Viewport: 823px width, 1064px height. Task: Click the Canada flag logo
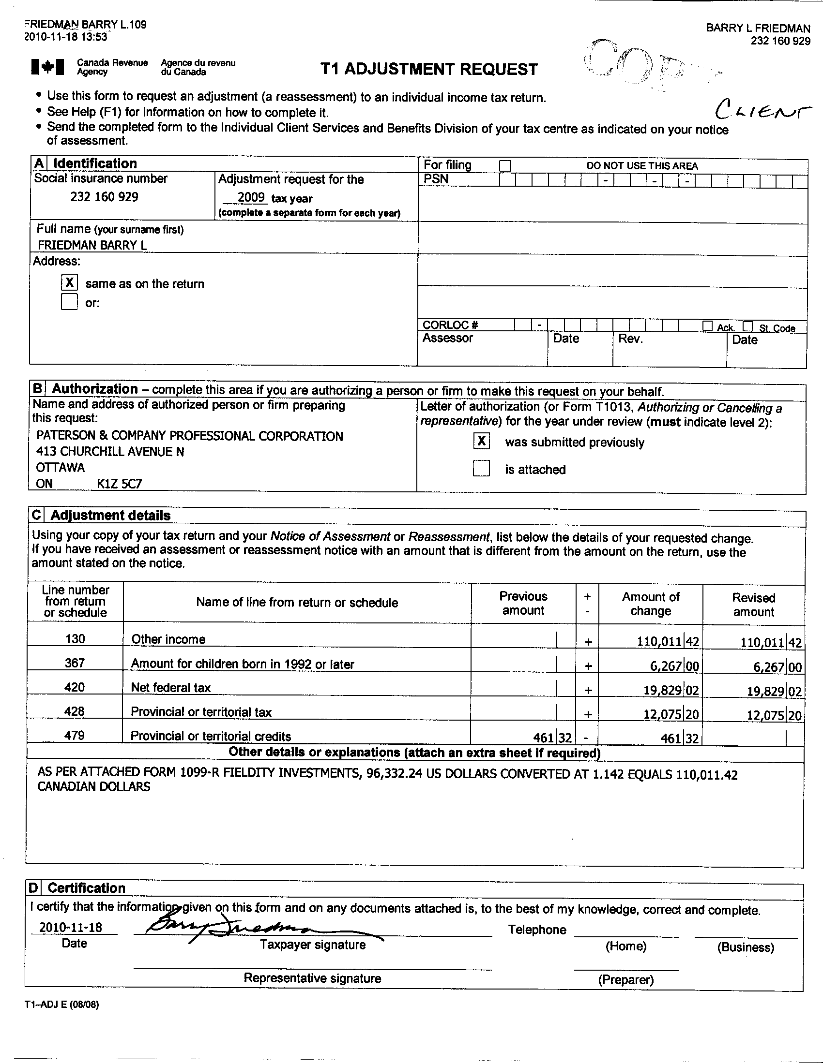coord(47,67)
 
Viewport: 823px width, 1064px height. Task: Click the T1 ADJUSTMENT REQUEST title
coord(429,69)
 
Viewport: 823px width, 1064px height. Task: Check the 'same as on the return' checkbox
coord(70,282)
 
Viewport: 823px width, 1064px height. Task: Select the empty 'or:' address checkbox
coord(69,302)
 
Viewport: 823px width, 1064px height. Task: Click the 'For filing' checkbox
coord(505,165)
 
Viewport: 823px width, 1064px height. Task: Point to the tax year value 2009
coord(251,197)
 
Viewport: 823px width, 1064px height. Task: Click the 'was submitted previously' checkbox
coord(481,441)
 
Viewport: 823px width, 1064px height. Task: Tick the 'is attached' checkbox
coord(481,469)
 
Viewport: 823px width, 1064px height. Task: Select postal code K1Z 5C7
coord(120,484)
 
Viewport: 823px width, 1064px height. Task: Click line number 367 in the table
coord(75,663)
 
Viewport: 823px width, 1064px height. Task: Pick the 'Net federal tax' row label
coord(170,687)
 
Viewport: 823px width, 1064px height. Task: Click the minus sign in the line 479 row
coord(588,738)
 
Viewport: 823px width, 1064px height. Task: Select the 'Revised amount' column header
coord(753,605)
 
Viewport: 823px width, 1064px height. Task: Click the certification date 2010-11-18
coord(71,927)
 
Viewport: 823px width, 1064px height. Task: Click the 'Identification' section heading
coord(94,163)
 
